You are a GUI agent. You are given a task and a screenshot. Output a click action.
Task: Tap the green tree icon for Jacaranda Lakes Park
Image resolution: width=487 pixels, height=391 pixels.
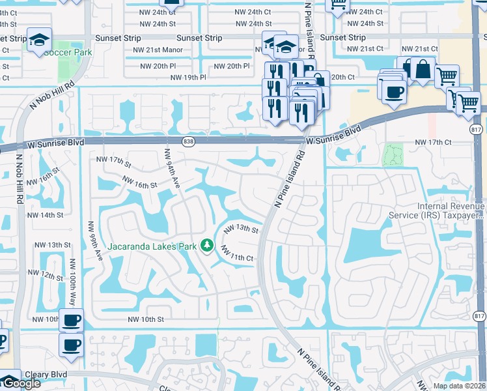tap(207, 245)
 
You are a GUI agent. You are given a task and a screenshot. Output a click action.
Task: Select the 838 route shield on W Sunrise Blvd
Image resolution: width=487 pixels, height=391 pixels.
tap(188, 141)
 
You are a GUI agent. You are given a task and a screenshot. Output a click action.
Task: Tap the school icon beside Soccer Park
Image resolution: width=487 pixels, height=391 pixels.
tap(39, 41)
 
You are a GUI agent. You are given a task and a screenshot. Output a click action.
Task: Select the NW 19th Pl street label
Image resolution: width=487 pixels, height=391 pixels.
tap(188, 77)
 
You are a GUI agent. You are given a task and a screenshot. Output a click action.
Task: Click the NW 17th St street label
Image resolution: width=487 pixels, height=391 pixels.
tap(113, 160)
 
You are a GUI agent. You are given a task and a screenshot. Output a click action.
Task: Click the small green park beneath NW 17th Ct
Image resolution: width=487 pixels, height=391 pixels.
tap(393, 155)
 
